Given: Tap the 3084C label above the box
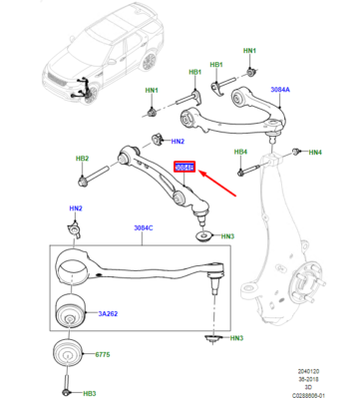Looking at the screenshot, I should click(x=147, y=227).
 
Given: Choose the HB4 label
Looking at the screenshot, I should click(x=239, y=152).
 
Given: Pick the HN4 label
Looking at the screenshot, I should click(x=315, y=153).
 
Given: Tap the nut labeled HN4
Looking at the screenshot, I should click(x=295, y=152).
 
